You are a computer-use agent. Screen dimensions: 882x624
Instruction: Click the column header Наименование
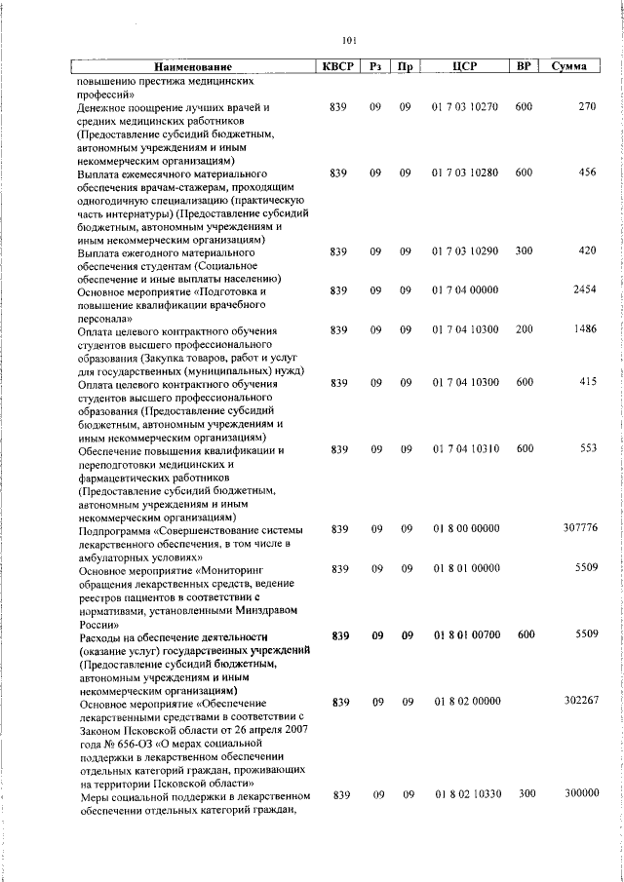point(193,67)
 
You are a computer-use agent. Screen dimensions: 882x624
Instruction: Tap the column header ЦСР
point(463,66)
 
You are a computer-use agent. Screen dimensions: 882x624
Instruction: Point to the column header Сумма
point(568,66)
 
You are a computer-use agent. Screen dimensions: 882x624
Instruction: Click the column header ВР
point(524,66)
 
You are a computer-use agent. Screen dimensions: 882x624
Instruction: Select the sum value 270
point(586,105)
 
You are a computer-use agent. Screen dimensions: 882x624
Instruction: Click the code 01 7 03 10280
point(464,173)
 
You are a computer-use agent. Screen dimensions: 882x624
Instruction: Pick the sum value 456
point(586,173)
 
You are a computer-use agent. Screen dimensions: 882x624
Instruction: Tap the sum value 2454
point(583,290)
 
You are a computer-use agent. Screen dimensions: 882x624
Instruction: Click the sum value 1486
point(583,330)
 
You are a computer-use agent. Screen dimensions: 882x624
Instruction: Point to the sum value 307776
point(579,528)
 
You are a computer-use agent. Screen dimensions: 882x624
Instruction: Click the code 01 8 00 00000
point(464,528)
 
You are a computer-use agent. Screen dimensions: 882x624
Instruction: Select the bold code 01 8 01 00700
point(464,634)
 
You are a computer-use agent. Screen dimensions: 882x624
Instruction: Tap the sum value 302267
point(579,702)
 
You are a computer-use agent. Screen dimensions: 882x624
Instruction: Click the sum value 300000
point(579,794)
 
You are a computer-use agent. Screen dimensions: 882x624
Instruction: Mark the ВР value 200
point(524,330)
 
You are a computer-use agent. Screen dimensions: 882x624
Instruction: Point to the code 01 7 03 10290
point(464,251)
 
